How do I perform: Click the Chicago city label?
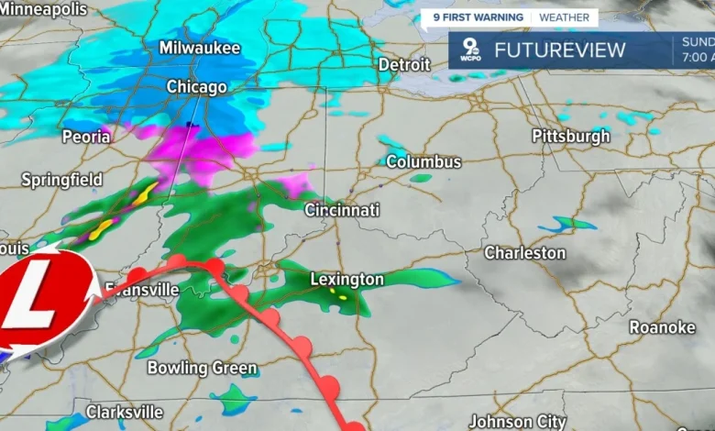point(196,87)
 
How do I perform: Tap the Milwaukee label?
point(199,48)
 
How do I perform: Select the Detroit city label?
point(404,65)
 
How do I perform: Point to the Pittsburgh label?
point(570,137)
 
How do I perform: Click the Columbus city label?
point(423,161)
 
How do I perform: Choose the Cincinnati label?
point(342,210)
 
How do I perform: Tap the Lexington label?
point(346,279)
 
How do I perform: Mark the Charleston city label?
point(524,252)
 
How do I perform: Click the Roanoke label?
point(662,327)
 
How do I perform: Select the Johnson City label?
point(517,421)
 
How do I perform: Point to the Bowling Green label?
point(203,368)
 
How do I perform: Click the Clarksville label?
point(124,412)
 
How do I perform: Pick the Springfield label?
point(61,180)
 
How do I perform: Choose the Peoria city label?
point(86,137)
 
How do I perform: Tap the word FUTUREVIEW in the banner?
point(559,50)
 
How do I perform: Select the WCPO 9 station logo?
point(469,51)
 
